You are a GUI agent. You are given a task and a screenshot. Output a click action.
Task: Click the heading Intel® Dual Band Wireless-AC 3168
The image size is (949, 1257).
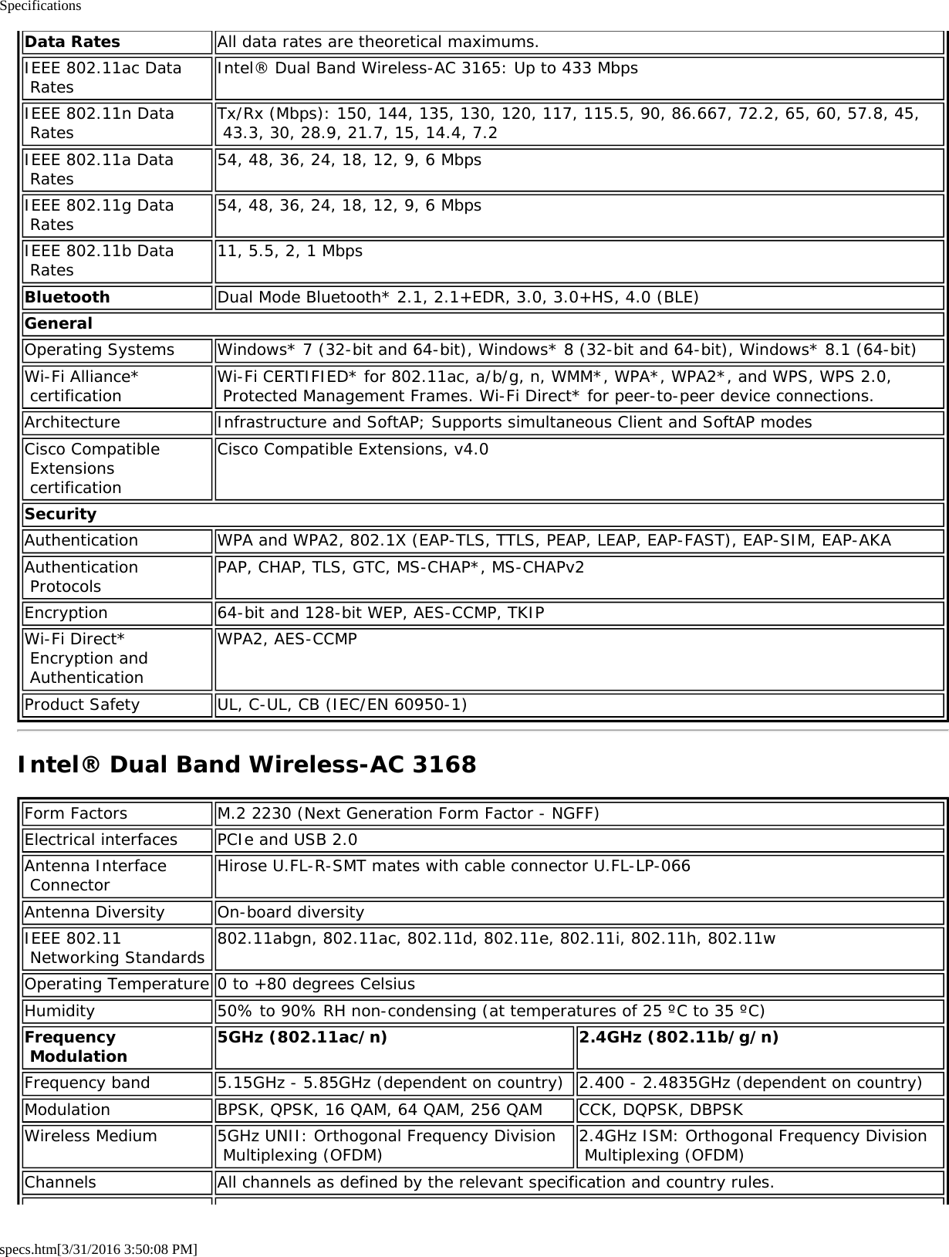pos(247,765)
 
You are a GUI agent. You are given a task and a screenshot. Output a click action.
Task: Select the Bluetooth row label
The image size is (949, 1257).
pos(67,297)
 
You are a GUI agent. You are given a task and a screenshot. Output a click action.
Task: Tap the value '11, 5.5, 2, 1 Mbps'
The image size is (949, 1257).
pos(290,252)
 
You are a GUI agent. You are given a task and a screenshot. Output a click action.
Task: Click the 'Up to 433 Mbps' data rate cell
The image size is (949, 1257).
pos(427,68)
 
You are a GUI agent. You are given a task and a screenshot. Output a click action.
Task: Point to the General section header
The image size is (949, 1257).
pos(59,323)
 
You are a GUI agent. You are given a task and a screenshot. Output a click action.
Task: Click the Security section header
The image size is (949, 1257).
pos(61,514)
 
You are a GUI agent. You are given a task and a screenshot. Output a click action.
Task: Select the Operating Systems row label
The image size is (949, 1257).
pos(100,350)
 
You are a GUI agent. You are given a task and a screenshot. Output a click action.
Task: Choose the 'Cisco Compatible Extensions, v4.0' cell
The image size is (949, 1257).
pos(353,449)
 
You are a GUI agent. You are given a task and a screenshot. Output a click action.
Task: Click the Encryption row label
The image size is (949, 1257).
pos(66,613)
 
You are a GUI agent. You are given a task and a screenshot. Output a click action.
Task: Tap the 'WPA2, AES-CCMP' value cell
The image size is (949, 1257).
pos(287,640)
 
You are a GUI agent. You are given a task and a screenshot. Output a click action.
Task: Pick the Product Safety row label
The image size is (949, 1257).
pos(82,705)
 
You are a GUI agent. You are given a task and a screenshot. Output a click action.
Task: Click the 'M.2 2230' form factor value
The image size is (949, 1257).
pos(408,813)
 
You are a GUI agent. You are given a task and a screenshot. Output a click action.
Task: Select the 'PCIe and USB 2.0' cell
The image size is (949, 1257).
pos(287,840)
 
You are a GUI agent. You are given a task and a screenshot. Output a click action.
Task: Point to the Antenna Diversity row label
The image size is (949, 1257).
pos(94,912)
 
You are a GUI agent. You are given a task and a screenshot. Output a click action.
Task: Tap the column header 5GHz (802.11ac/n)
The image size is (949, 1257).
pos(302,1037)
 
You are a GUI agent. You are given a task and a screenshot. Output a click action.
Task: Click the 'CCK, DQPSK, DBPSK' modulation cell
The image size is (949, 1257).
pos(661,1110)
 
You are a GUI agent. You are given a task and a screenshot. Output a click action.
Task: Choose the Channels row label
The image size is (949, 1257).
pos(60,1182)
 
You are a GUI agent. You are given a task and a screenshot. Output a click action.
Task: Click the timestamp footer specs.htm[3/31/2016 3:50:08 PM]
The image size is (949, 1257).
pos(99,1249)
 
